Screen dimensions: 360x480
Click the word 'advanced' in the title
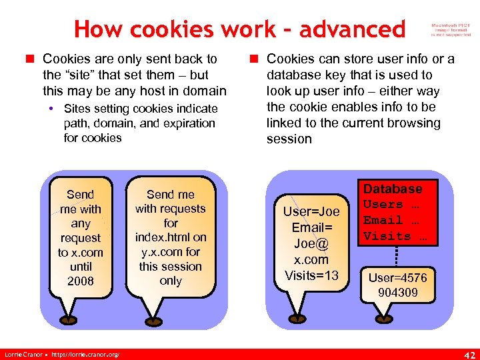click(352, 29)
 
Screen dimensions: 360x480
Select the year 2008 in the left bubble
click(81, 281)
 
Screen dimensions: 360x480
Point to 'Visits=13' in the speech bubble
click(311, 275)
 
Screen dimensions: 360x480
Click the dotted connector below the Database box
click(398, 255)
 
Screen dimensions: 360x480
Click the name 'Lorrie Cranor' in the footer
click(24, 353)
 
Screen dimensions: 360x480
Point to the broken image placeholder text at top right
click(451, 29)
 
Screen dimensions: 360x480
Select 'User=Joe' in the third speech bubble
click(311, 211)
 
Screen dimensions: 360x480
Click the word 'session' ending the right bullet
click(289, 139)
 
